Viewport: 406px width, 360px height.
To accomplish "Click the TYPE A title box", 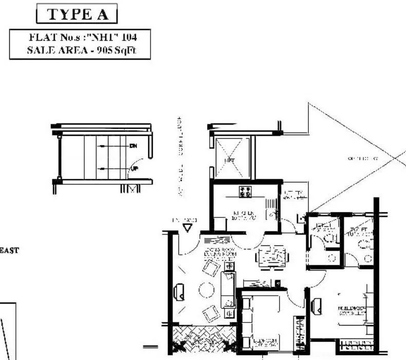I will (x=77, y=14).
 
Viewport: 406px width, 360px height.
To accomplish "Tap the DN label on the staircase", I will (x=133, y=147).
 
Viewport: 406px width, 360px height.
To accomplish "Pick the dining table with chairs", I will (x=271, y=256).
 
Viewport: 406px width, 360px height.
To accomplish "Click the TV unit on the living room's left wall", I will (x=180, y=292).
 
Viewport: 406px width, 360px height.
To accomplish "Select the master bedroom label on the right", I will (x=352, y=310).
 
